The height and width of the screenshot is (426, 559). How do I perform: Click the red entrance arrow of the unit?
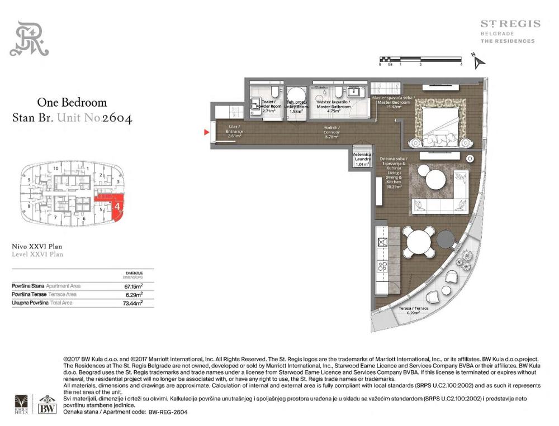click(x=206, y=132)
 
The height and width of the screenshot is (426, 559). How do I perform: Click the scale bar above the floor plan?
click(x=420, y=59)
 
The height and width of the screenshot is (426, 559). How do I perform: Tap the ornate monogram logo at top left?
click(x=29, y=39)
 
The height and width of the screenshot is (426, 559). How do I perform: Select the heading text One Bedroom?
click(x=72, y=103)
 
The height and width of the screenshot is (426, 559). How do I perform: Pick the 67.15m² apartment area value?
click(x=133, y=286)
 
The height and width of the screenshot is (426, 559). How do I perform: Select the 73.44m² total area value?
click(x=133, y=303)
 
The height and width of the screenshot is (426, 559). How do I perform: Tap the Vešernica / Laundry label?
click(x=362, y=159)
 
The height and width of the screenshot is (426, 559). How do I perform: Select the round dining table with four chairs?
click(x=419, y=242)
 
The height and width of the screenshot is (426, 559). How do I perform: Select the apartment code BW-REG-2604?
click(x=167, y=411)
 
